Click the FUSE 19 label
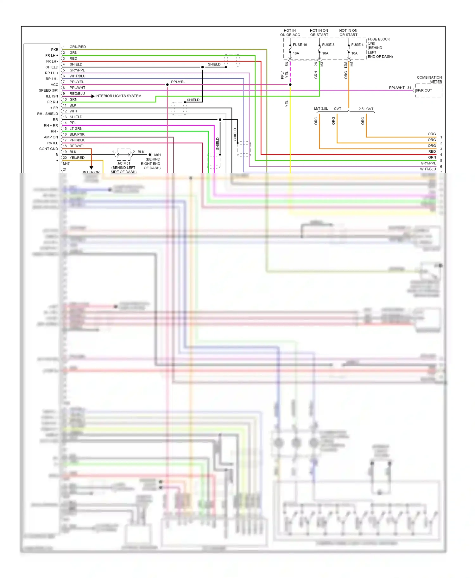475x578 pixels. click(300, 45)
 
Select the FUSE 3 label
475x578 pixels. click(328, 45)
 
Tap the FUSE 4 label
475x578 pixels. click(357, 45)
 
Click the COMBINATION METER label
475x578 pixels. click(429, 79)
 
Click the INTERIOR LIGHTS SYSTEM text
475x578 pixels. click(118, 96)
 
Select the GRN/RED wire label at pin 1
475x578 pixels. click(78, 47)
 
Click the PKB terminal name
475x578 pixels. click(54, 50)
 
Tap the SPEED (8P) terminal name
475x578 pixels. click(48, 90)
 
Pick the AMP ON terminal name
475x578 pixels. click(51, 137)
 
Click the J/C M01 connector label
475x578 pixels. click(123, 163)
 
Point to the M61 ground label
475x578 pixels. click(157, 155)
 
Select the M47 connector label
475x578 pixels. click(66, 163)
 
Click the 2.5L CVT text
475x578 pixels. click(366, 109)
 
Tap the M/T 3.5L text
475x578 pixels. click(321, 109)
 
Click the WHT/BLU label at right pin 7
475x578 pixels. click(428, 169)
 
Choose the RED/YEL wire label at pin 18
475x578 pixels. click(77, 146)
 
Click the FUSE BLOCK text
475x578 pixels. click(379, 39)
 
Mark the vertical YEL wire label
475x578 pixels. click(287, 103)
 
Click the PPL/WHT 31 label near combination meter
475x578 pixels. click(400, 88)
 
